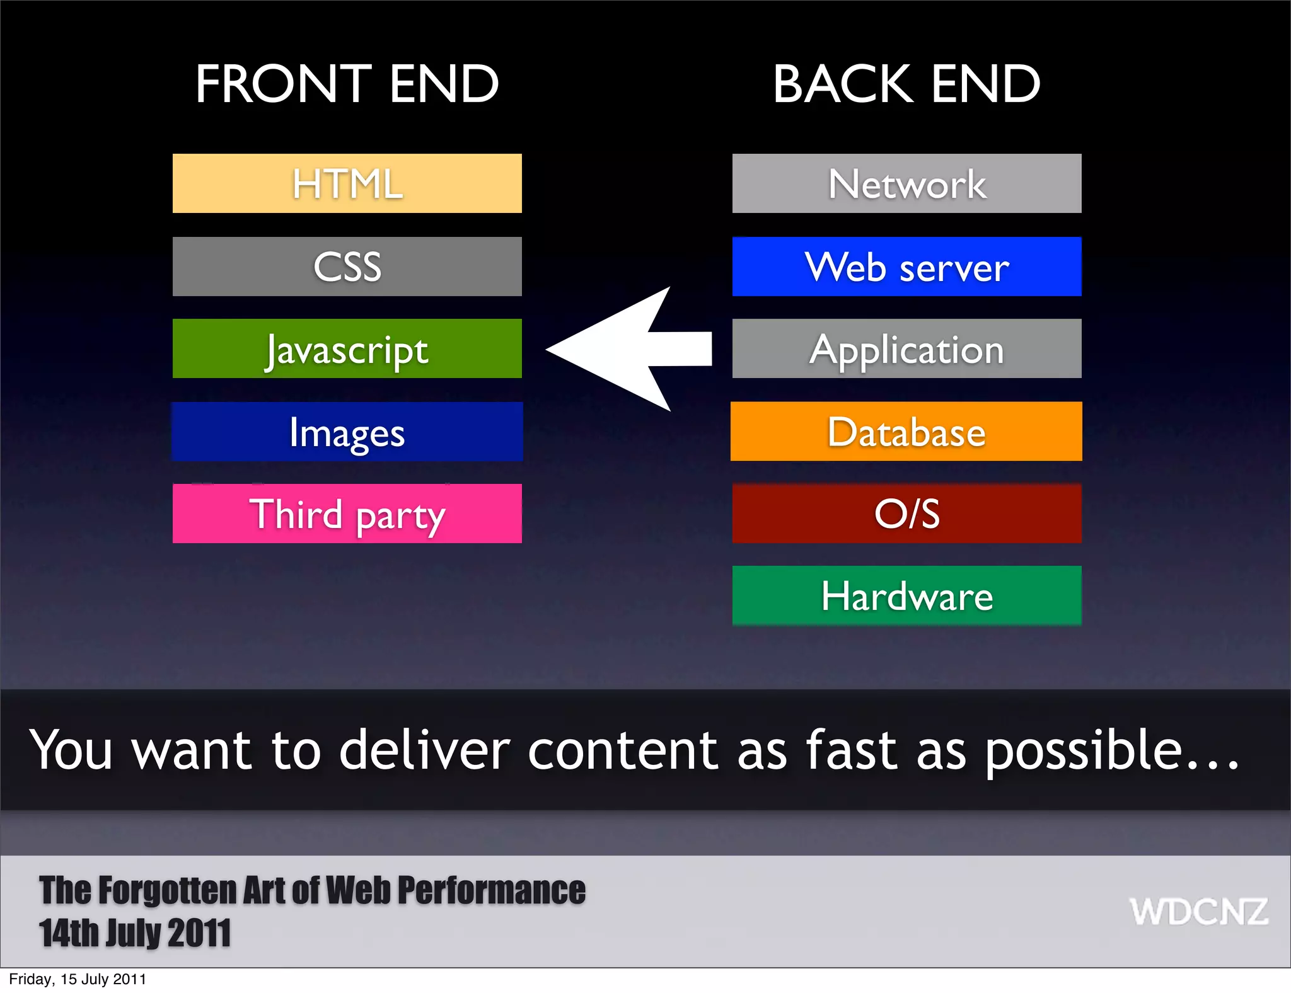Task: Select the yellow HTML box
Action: [347, 183]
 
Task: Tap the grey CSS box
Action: [347, 267]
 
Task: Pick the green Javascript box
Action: [347, 348]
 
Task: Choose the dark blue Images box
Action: [347, 432]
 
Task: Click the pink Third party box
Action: [347, 514]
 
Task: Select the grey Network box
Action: [906, 183]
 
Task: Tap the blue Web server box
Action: [906, 267]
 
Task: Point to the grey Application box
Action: [906, 348]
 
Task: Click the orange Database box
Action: [906, 432]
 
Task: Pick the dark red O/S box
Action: [906, 514]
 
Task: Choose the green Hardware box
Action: [906, 595]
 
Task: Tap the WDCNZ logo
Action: [1198, 912]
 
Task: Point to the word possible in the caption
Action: [1083, 751]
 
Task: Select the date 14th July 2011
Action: [135, 933]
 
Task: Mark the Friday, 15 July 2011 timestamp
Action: [78, 979]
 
